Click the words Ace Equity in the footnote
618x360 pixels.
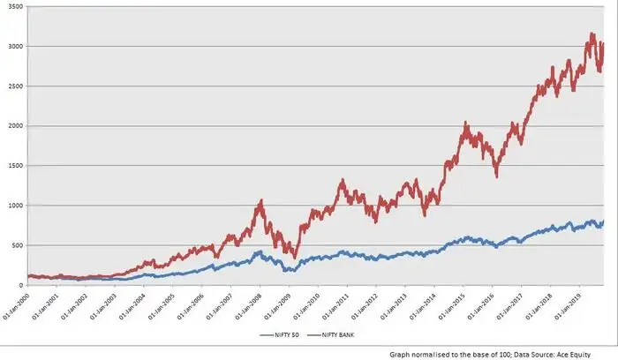click(x=584, y=353)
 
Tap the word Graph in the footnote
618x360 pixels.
click(x=403, y=353)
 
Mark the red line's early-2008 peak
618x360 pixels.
click(x=260, y=201)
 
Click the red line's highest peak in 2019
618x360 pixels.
click(x=592, y=34)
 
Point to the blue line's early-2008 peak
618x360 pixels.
click(x=259, y=252)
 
